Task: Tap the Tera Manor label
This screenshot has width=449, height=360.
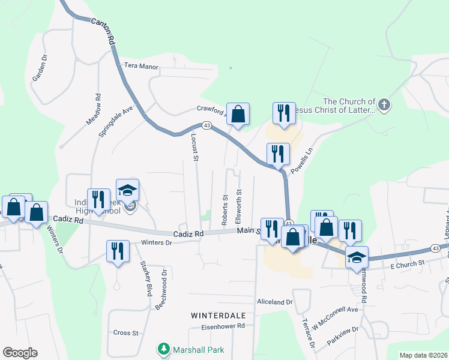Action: pos(141,65)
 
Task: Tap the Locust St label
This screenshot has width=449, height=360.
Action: pos(194,148)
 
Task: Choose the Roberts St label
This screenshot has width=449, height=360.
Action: pos(225,210)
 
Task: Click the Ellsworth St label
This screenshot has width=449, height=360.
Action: pos(240,206)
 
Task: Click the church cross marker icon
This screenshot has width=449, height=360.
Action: pos(384,106)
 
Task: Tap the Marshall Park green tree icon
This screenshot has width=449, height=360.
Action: pos(163,349)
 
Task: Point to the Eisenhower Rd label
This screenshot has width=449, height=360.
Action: pos(224,326)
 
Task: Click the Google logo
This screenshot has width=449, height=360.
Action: pos(20,353)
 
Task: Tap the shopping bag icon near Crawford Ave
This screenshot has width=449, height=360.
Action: pos(238,113)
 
